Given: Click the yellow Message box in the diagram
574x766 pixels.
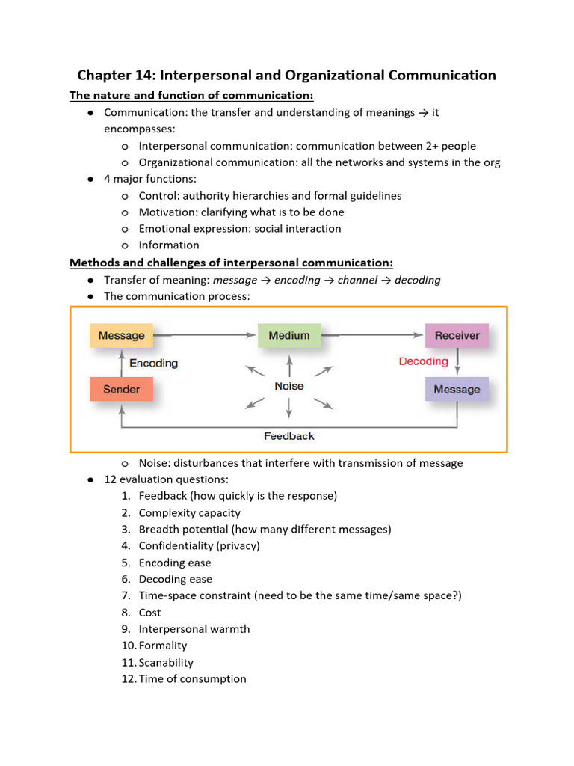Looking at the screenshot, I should pyautogui.click(x=121, y=335).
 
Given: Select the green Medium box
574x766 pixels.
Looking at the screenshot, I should pyautogui.click(x=288, y=335).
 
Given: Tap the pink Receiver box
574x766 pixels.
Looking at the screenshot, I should pyautogui.click(x=457, y=335).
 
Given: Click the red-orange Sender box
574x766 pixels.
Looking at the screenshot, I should pyautogui.click(x=121, y=389).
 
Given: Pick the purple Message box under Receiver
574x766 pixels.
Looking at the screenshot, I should pyautogui.click(x=457, y=389).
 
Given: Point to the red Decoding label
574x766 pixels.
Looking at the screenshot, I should pyautogui.click(x=423, y=361).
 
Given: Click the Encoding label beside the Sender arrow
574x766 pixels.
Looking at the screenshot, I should pyautogui.click(x=154, y=363).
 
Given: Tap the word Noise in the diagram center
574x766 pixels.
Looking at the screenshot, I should pyautogui.click(x=288, y=386).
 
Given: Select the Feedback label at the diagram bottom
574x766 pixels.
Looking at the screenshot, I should pyautogui.click(x=288, y=435).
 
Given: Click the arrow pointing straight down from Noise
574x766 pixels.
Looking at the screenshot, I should pyautogui.click(x=288, y=408).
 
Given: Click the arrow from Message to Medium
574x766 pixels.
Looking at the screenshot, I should pyautogui.click(x=206, y=335).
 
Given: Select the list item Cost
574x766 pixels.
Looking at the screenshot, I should pyautogui.click(x=149, y=613).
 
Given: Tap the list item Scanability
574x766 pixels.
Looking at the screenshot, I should pyautogui.click(x=166, y=662).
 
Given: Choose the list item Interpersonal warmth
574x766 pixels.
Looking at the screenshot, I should pyautogui.click(x=194, y=629).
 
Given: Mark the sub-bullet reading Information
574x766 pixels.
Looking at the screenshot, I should pyautogui.click(x=169, y=245).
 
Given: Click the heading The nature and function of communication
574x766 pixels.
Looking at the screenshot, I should pyautogui.click(x=191, y=95).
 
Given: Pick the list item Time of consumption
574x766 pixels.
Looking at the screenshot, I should pyautogui.click(x=192, y=679).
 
